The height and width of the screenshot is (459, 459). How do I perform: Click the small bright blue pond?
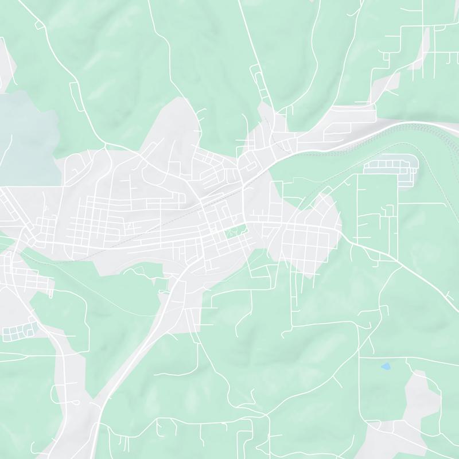point(386,365)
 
